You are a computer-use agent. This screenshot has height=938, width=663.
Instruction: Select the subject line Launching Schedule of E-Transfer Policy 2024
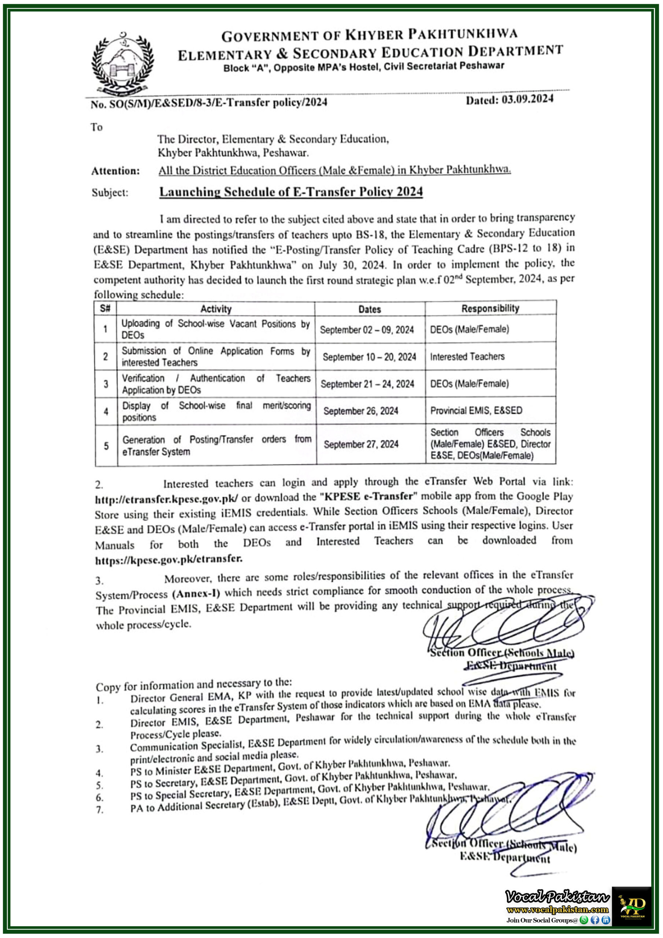coord(291,192)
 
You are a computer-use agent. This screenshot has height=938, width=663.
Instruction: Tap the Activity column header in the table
coord(216,309)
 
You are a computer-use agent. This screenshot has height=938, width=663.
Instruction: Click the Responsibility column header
coord(490,309)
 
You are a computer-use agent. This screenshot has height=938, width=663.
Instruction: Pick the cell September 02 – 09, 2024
coord(366,330)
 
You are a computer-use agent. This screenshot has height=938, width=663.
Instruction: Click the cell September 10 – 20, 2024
coord(369,357)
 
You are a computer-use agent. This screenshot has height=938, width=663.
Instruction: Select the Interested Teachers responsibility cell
coord(467,357)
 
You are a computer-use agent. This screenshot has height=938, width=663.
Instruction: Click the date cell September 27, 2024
coord(361,444)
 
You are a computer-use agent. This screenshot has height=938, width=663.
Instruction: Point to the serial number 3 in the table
coord(106,384)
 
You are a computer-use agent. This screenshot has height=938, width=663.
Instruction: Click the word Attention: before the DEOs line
coord(115,171)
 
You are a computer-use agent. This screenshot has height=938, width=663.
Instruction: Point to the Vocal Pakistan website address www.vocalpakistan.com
coord(557,909)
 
